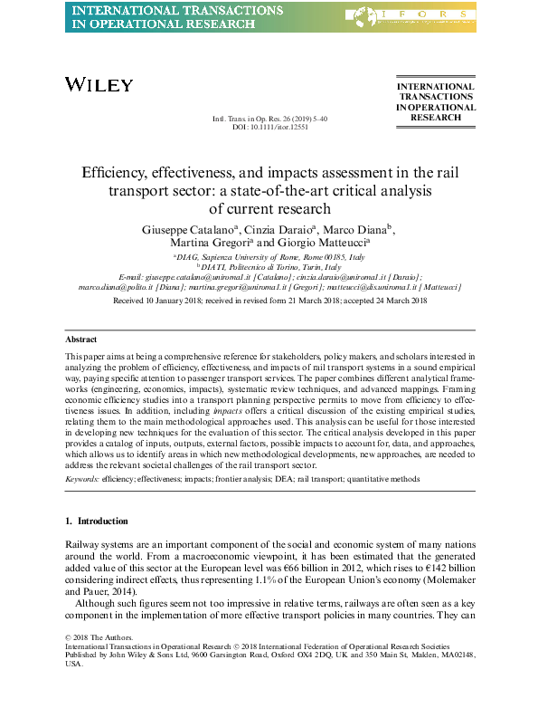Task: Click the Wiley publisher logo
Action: [99, 84]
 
